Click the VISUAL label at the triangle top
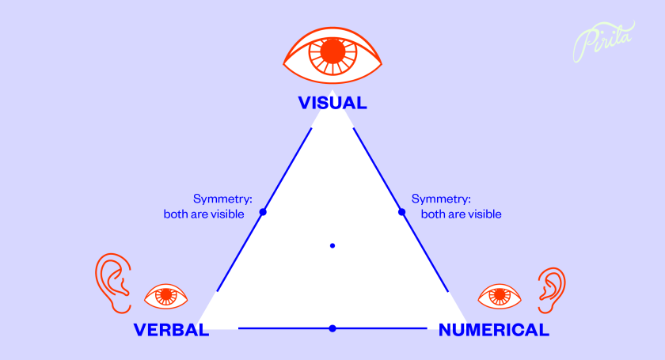click(x=332, y=103)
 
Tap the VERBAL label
click(x=171, y=330)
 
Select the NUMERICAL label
click(x=493, y=330)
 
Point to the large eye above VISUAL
click(x=332, y=51)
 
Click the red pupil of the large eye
click(x=332, y=52)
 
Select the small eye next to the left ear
click(x=166, y=297)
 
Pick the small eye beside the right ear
click(x=500, y=297)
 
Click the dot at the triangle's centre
click(x=332, y=246)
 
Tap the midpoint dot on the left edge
click(x=263, y=212)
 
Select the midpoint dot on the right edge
click(x=401, y=212)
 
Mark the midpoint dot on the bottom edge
click(x=332, y=328)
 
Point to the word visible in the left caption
click(x=235, y=214)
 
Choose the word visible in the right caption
click(x=484, y=214)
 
